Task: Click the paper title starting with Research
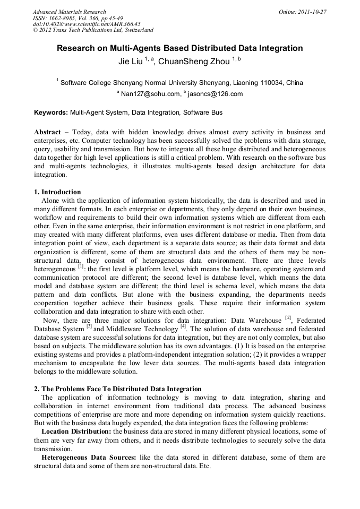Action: coord(180,48)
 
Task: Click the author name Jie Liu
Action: coord(130,62)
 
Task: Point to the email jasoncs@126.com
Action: coord(215,94)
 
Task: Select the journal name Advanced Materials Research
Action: coord(69,12)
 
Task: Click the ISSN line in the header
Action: coord(78,18)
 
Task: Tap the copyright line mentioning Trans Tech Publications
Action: coord(93,30)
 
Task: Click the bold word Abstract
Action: coord(47,132)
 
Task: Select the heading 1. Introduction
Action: coord(57,192)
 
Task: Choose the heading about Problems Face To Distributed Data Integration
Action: coord(117,389)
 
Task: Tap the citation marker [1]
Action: coord(81,267)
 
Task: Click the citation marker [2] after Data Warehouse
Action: coord(288,318)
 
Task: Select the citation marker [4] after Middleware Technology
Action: coord(183,326)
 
